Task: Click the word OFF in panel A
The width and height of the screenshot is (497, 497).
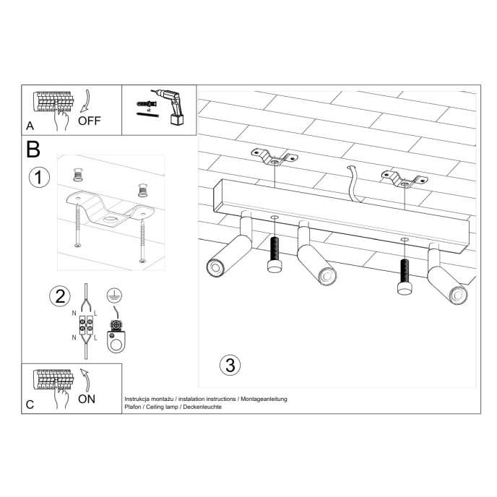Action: [x=90, y=120]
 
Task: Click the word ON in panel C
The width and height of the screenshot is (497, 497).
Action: [x=87, y=398]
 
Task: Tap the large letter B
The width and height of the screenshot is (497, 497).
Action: [x=33, y=150]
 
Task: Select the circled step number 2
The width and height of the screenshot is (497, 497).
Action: [x=59, y=295]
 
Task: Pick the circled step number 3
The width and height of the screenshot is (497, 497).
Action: [x=230, y=364]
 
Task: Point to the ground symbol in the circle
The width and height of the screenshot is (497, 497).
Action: [x=113, y=294]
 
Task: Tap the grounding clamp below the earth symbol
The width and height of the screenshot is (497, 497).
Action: [x=113, y=339]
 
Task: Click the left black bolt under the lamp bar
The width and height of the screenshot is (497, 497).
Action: [x=275, y=256]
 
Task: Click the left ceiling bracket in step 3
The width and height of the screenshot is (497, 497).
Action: [x=275, y=157]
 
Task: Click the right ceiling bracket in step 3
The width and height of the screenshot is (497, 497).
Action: [x=402, y=178]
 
